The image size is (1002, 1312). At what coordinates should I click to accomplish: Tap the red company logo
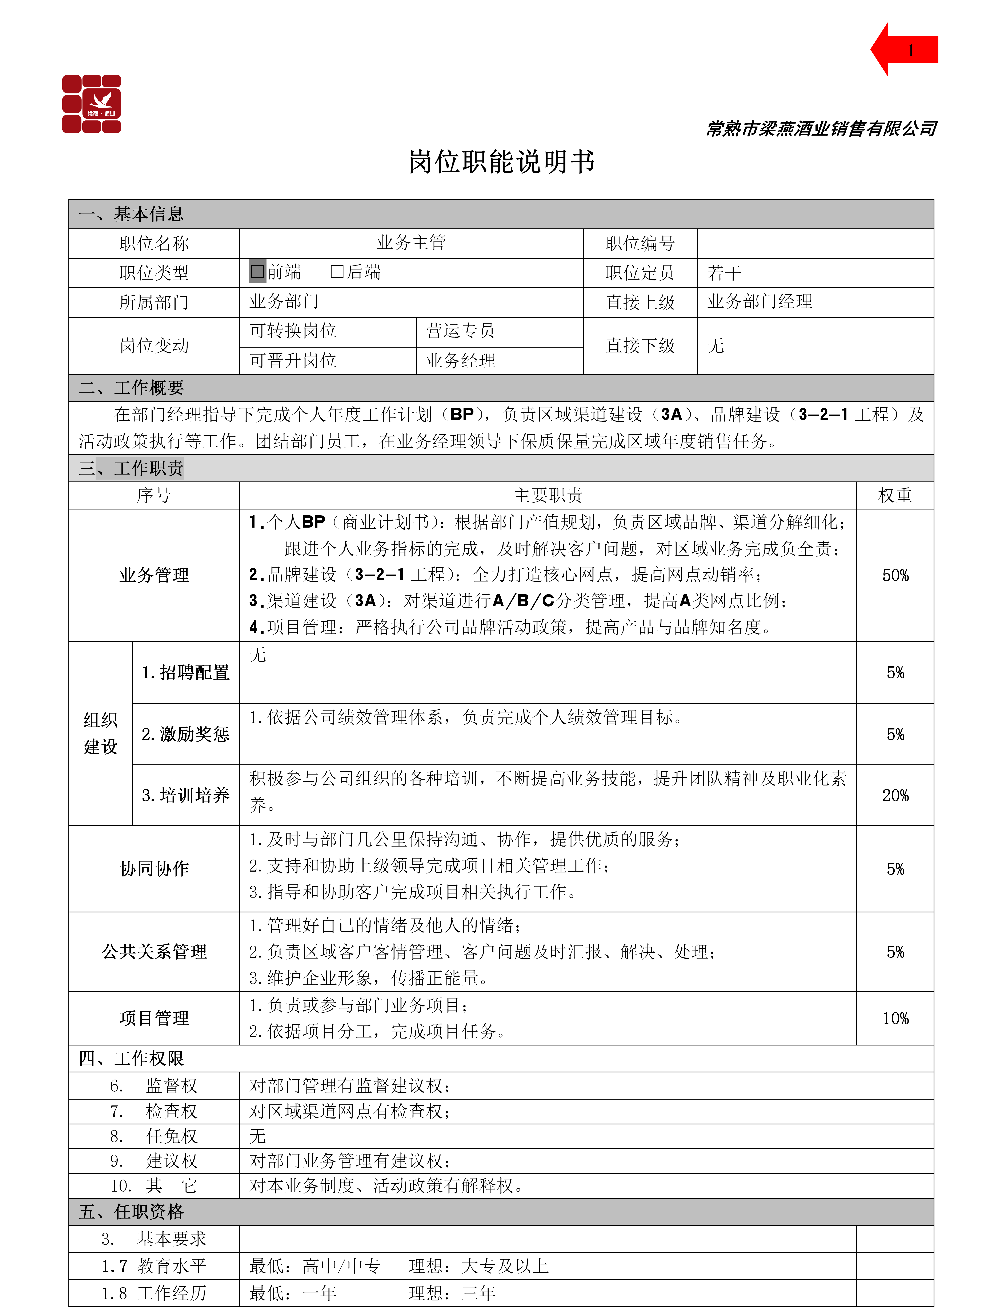point(92,104)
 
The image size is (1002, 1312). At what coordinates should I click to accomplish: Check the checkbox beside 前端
point(258,272)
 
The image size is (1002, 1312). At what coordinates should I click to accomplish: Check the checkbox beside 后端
point(337,272)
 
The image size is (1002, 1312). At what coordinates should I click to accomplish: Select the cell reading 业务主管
point(411,243)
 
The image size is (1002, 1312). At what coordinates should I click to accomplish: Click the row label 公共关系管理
point(155,952)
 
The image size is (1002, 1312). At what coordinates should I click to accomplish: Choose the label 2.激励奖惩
point(185,734)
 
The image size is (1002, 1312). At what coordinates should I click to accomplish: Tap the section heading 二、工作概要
point(131,388)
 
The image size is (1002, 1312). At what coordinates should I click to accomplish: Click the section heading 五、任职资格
point(131,1212)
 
